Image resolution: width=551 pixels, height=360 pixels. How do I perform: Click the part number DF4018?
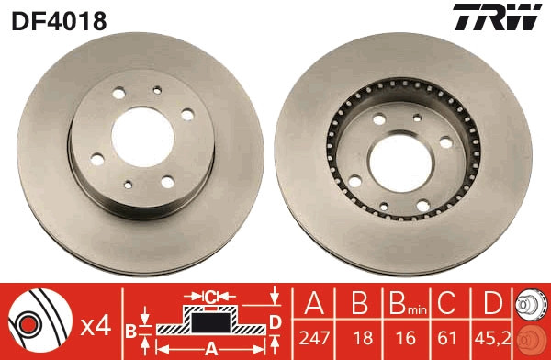click(59, 21)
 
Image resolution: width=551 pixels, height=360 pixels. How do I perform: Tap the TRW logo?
click(497, 17)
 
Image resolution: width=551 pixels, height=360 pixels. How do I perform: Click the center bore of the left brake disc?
click(142, 137)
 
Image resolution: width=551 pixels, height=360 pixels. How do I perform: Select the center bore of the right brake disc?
click(400, 162)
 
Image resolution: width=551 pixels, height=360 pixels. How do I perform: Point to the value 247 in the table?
click(314, 338)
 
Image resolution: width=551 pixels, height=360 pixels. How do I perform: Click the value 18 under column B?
click(363, 338)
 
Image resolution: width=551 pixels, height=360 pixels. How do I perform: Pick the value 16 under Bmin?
click(406, 338)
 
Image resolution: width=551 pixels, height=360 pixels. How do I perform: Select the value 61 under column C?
click(447, 338)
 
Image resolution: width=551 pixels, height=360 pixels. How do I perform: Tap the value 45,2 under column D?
click(491, 338)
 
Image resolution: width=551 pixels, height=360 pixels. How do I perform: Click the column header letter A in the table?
click(314, 303)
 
